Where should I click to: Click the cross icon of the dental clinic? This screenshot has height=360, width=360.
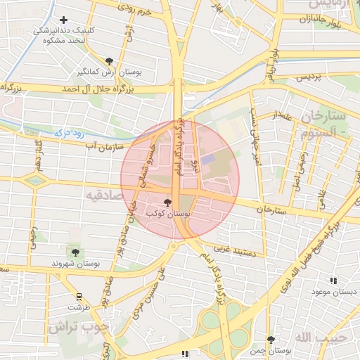click(64, 20)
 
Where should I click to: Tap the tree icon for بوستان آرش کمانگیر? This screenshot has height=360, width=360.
click(108, 61)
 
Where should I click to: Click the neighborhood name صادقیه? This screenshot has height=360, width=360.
click(102, 193)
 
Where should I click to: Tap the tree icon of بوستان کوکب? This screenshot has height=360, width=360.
click(166, 202)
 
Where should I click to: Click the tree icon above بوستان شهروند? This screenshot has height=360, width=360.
click(75, 252)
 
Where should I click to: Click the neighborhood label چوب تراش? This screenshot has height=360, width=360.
click(80, 327)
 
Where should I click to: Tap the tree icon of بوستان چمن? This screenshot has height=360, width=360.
click(271, 339)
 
